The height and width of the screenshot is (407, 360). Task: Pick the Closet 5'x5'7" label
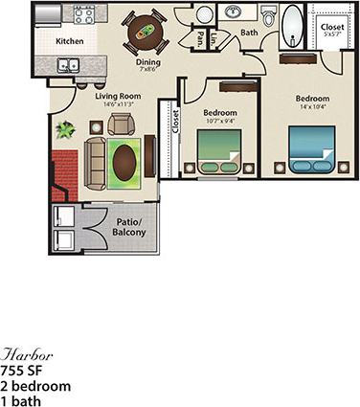click(331, 29)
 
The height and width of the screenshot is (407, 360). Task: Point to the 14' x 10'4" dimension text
click(312, 108)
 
